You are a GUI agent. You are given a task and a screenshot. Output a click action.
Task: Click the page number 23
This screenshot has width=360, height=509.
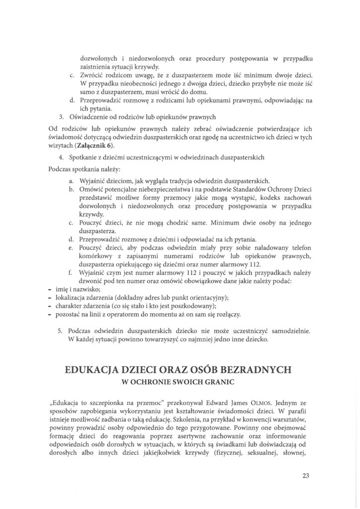[305, 475]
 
